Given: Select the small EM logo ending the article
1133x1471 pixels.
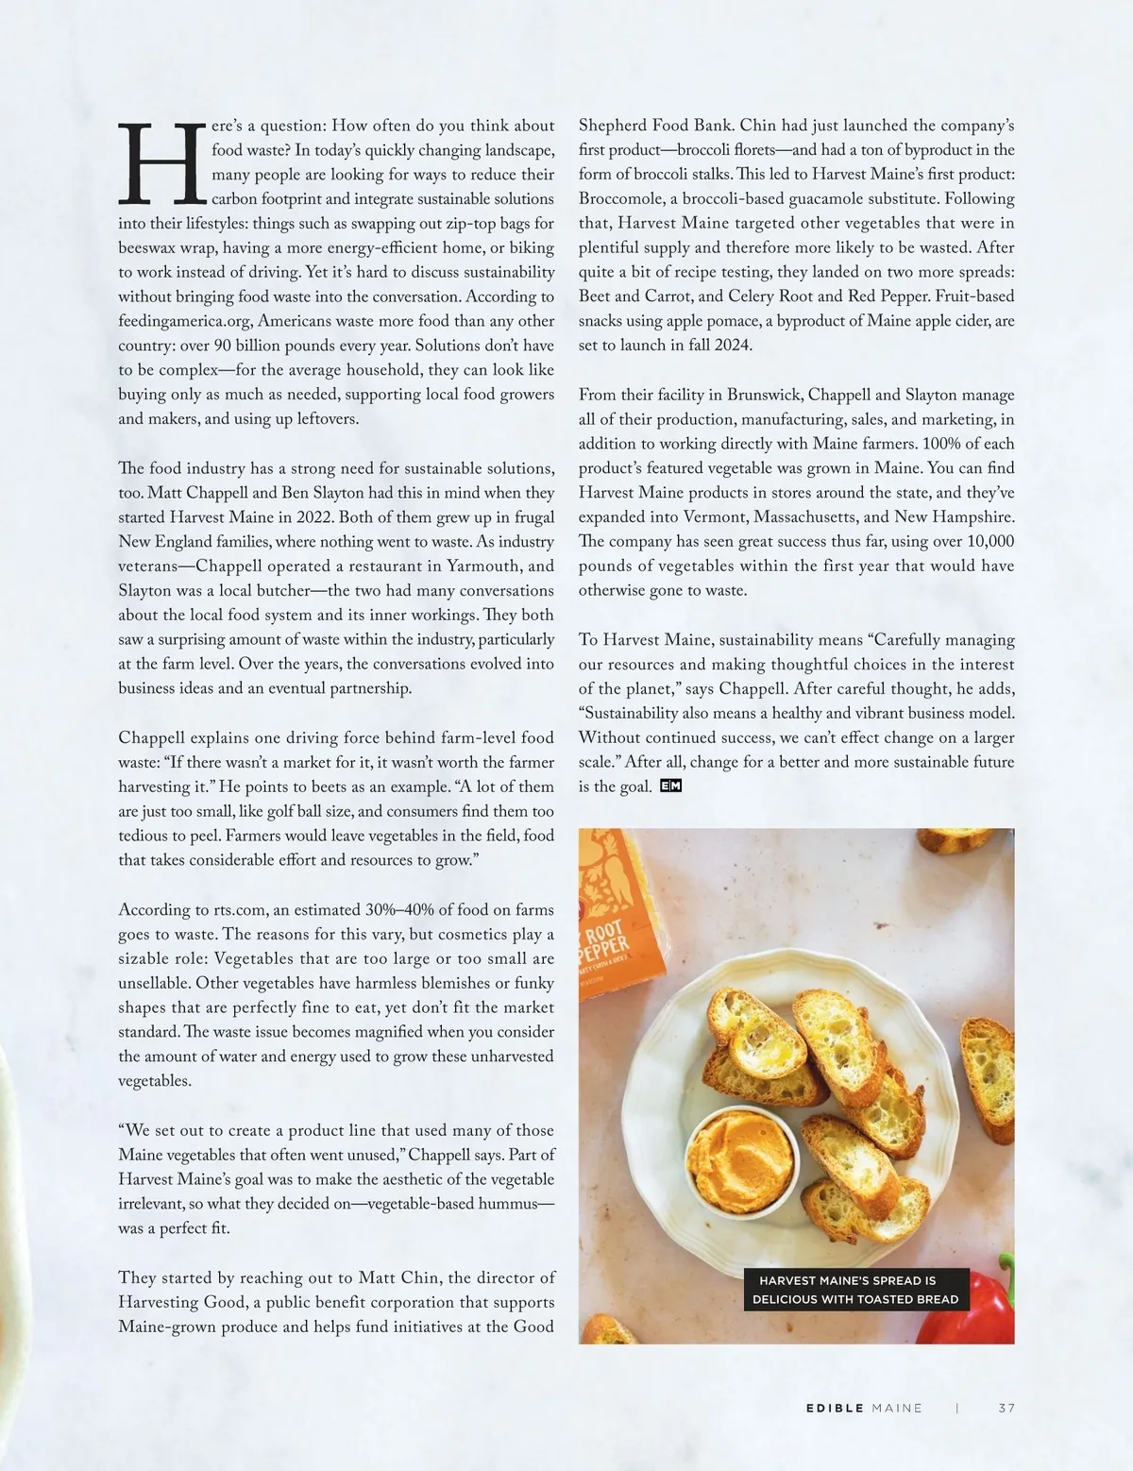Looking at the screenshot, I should coord(670,786).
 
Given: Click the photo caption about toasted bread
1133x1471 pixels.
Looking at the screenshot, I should coord(854,1290).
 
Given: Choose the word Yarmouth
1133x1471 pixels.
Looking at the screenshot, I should coord(482,566).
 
